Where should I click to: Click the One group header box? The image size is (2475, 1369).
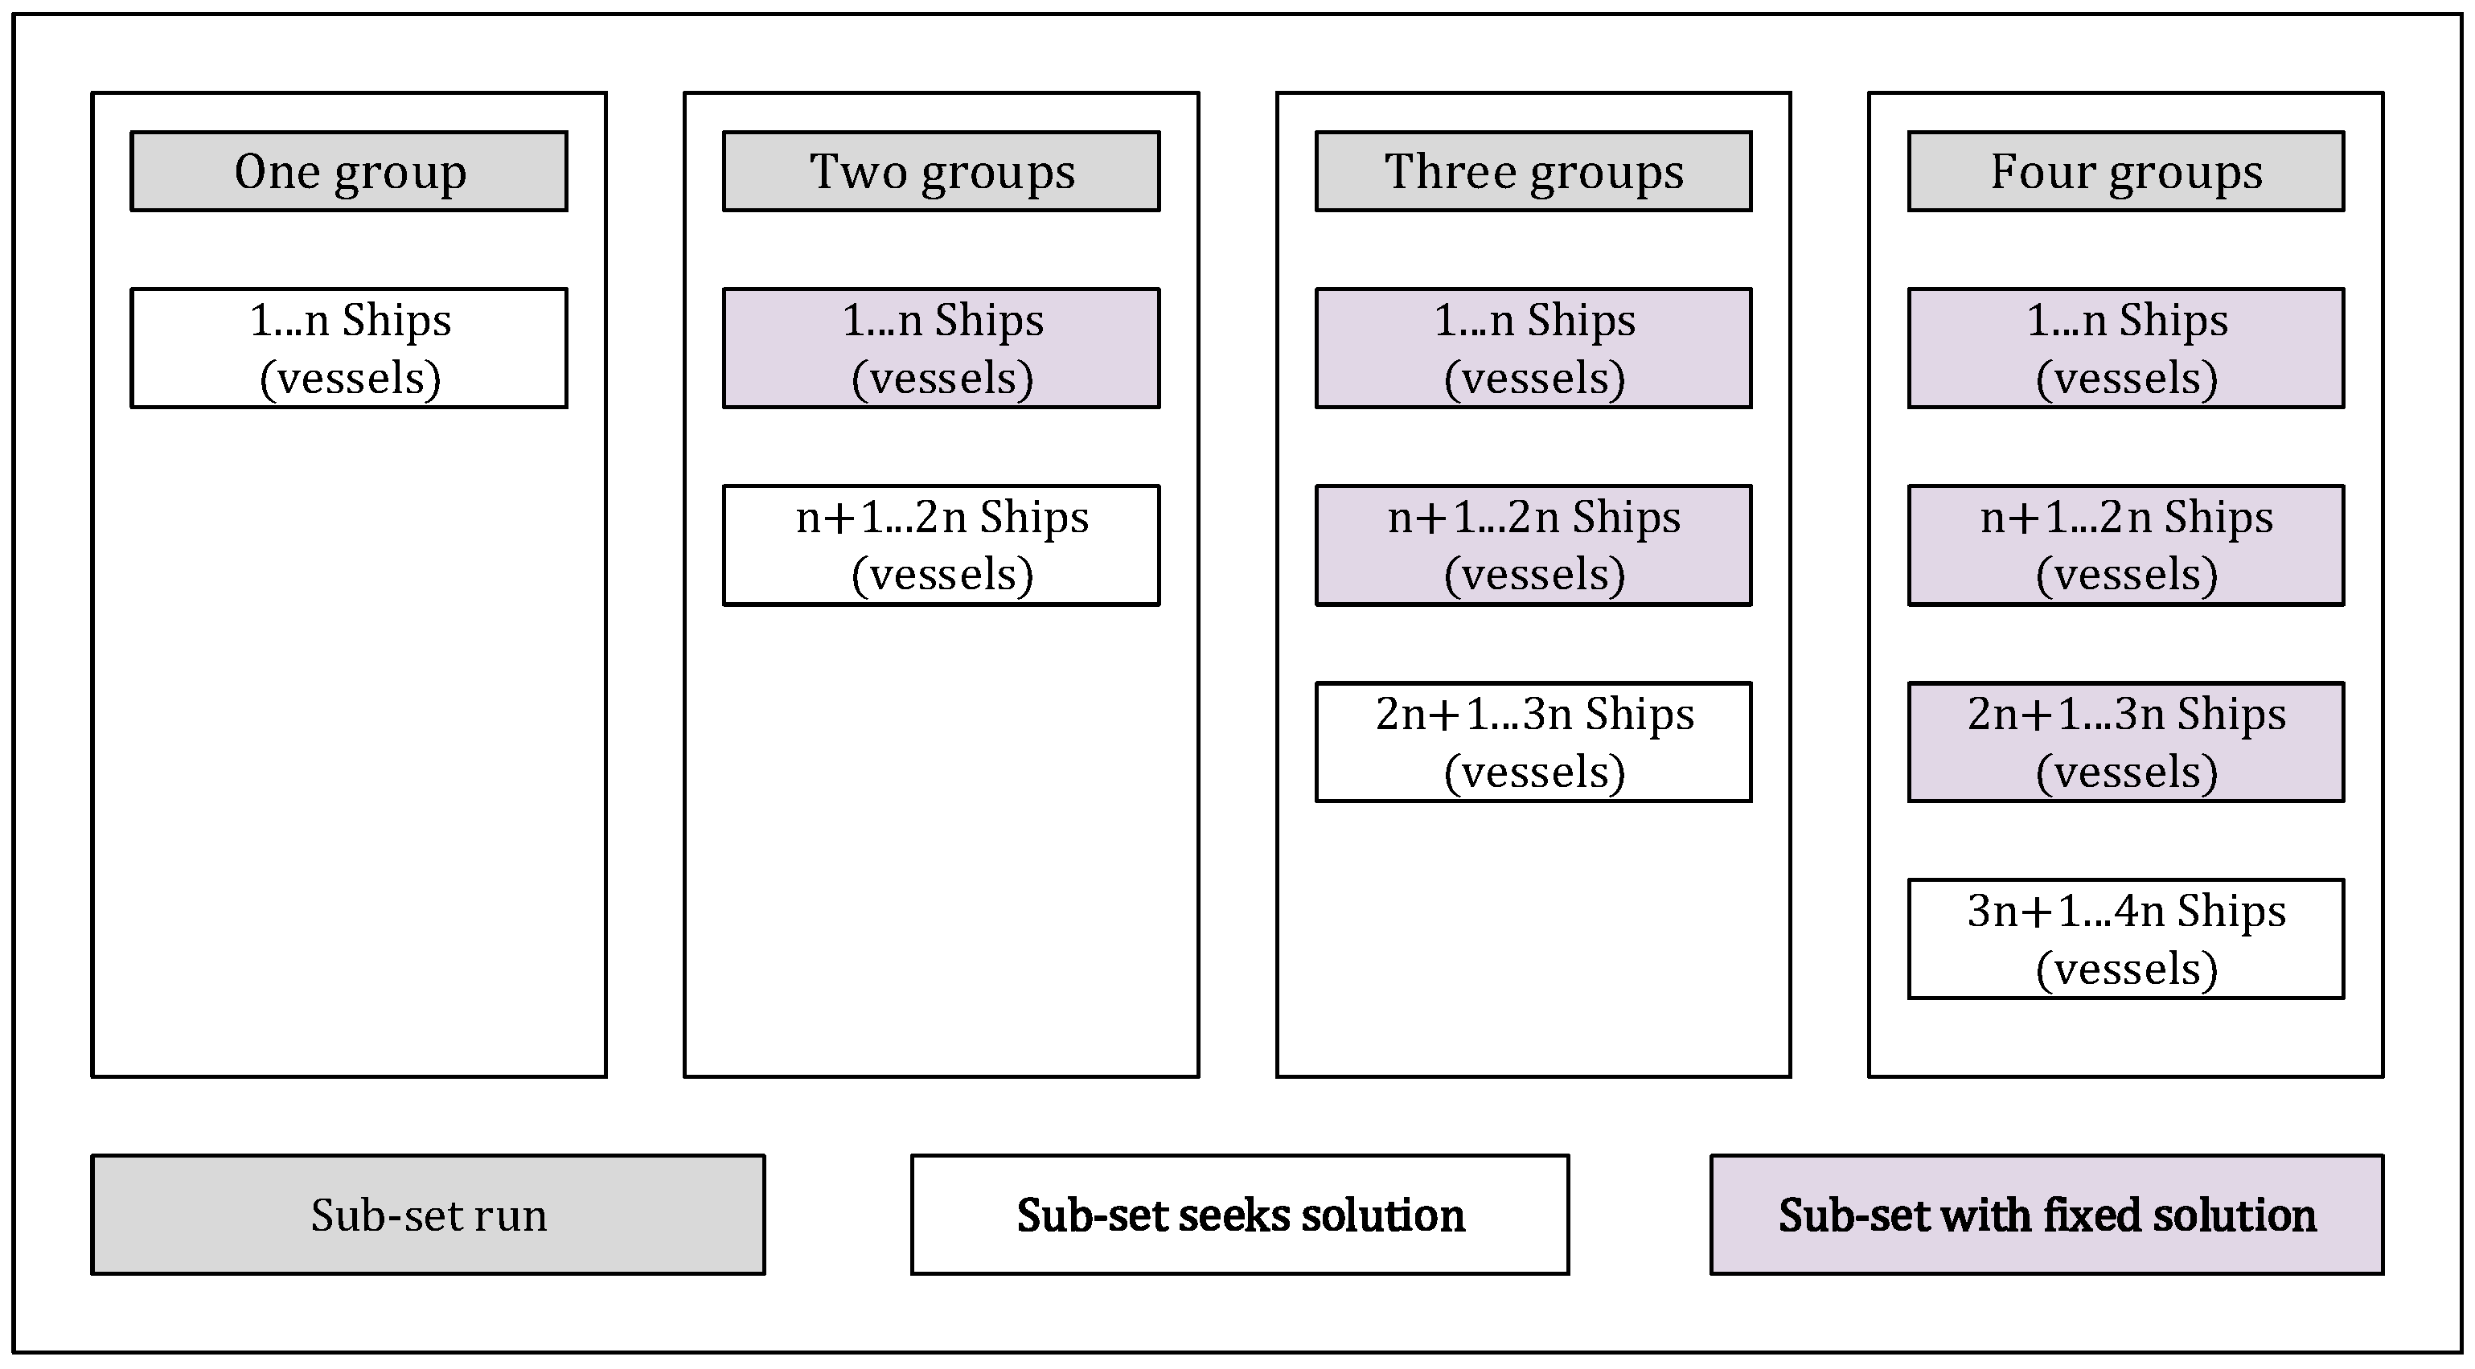[349, 171]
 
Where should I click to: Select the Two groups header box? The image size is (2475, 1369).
[941, 171]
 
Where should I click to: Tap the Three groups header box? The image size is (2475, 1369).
[1533, 171]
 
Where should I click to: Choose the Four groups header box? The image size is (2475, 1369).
[2125, 171]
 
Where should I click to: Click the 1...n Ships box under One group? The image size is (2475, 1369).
[349, 348]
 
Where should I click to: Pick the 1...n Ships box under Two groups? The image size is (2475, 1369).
[941, 348]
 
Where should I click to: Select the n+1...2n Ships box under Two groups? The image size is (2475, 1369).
[941, 545]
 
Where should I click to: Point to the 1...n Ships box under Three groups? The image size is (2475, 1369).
[1533, 348]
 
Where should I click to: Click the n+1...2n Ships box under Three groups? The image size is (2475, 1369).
[1533, 545]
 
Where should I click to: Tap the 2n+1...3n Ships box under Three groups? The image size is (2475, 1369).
[1533, 742]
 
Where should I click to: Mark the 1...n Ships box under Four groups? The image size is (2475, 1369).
[2125, 348]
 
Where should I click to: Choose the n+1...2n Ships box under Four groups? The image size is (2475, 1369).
[2125, 545]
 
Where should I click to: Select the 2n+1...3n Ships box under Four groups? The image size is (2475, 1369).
[2125, 742]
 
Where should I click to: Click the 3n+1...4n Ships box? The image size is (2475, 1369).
[2125, 939]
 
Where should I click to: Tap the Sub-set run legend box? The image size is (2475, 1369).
[428, 1215]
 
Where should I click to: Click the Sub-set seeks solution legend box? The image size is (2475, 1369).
[1239, 1215]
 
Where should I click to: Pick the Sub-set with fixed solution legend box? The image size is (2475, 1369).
[2046, 1215]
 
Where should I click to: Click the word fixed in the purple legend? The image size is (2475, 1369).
[2092, 1215]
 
